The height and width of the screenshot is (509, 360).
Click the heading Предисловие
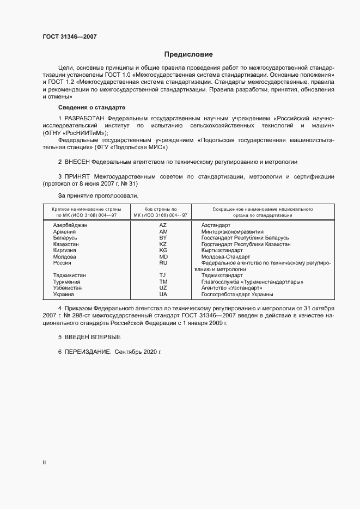tap(188, 54)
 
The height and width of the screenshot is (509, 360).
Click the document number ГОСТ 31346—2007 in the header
tap(70, 36)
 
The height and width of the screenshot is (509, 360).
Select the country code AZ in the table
tap(163, 225)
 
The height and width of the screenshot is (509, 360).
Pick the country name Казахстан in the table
tap(66, 244)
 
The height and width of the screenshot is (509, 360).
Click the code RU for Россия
tap(163, 262)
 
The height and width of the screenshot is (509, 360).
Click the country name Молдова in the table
tap(65, 256)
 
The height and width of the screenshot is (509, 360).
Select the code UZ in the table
tap(163, 287)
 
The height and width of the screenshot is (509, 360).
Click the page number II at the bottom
tap(44, 462)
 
